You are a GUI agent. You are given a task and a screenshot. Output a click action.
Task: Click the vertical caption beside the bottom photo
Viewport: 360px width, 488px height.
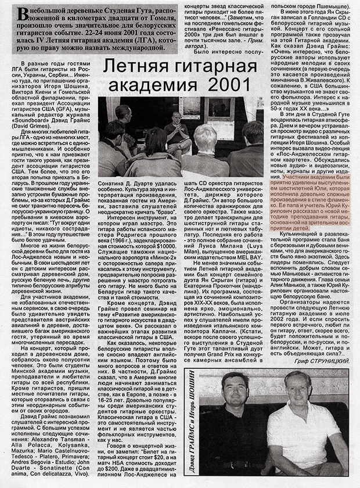coord(191,427)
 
